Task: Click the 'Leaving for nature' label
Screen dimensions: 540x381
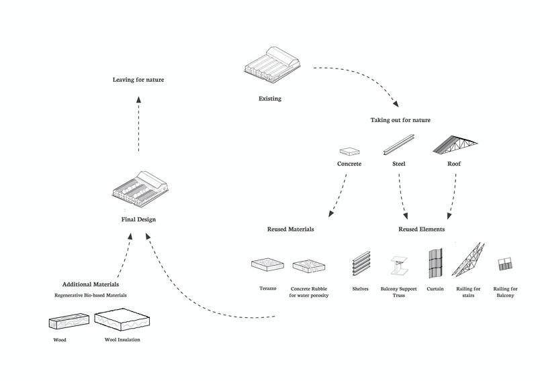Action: (x=138, y=80)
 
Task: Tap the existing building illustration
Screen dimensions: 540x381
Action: (x=273, y=66)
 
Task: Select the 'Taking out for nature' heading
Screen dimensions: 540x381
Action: (x=400, y=120)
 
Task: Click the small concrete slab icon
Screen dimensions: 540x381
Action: (x=350, y=152)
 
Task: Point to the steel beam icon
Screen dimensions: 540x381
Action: (x=398, y=145)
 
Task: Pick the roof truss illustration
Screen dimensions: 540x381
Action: (x=455, y=144)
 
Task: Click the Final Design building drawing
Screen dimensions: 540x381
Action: (x=140, y=188)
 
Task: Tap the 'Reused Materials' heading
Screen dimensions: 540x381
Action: (x=291, y=229)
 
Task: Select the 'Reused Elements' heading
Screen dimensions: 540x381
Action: (x=422, y=229)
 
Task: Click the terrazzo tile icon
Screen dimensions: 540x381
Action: (x=267, y=265)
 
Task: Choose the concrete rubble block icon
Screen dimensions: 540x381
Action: (x=309, y=266)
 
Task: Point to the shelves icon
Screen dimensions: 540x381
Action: (x=361, y=263)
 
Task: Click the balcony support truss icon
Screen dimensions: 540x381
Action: (x=399, y=266)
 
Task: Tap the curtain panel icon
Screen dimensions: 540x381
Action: (x=435, y=263)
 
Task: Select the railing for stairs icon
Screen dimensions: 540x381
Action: (x=468, y=260)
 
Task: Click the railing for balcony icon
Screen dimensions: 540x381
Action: (x=505, y=264)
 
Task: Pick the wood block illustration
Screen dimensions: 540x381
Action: (x=69, y=321)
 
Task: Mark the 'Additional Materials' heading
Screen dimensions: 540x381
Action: (x=91, y=284)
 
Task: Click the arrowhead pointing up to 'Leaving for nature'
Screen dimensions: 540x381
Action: (x=138, y=99)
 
